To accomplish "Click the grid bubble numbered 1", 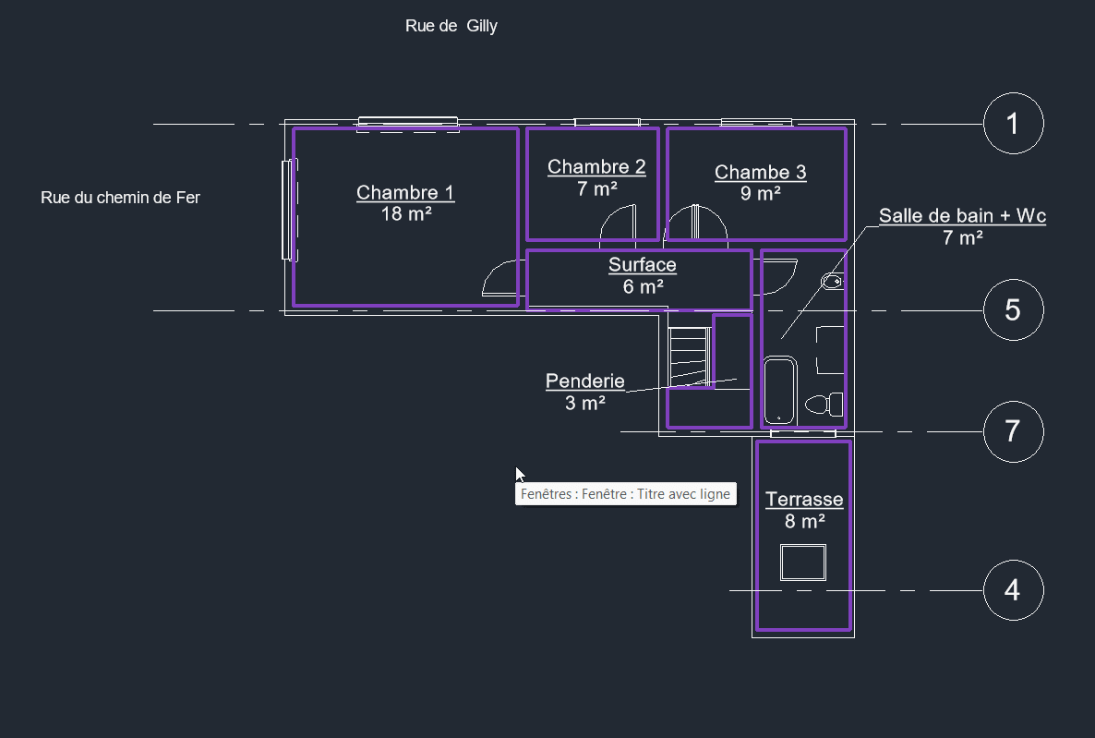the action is pyautogui.click(x=1014, y=124).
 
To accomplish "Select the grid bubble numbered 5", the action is pyautogui.click(x=1014, y=310).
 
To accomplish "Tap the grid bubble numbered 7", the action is pyautogui.click(x=1014, y=432).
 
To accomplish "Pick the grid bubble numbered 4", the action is pyautogui.click(x=1014, y=590).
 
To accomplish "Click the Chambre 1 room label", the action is pyautogui.click(x=405, y=192).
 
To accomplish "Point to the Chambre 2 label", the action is pyautogui.click(x=596, y=166).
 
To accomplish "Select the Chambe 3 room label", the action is pyautogui.click(x=761, y=172).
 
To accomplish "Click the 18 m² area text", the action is pyautogui.click(x=405, y=214).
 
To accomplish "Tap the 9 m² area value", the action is pyautogui.click(x=761, y=194).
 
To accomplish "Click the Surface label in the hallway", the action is pyautogui.click(x=643, y=265).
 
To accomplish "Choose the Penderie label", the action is pyautogui.click(x=585, y=381).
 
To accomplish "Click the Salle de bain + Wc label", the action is pyautogui.click(x=962, y=216).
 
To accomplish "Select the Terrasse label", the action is pyautogui.click(x=804, y=500).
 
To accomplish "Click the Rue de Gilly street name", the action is pyautogui.click(x=451, y=26).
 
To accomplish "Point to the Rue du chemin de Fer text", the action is pyautogui.click(x=120, y=198).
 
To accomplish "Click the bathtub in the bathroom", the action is pyautogui.click(x=779, y=391).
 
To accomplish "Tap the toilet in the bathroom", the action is pyautogui.click(x=824, y=404).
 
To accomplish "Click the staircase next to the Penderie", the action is pyautogui.click(x=690, y=356).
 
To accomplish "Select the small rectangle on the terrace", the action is pyautogui.click(x=803, y=563).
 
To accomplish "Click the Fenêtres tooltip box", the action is pyautogui.click(x=626, y=494).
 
